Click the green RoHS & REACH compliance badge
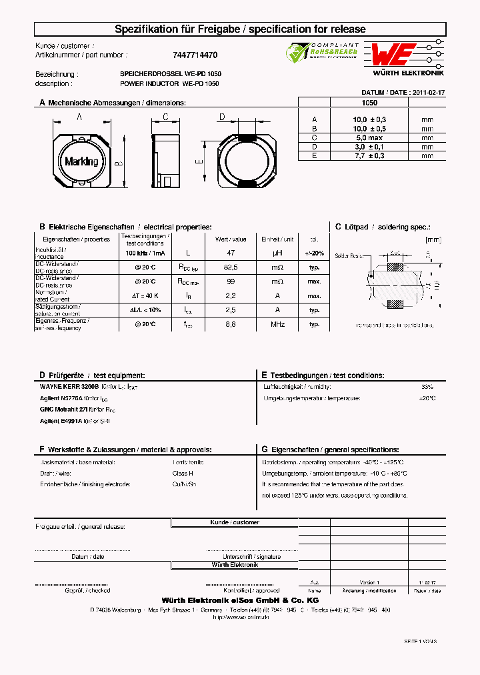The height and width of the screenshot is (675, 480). coord(323,53)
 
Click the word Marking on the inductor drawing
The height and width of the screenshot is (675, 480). coord(81,161)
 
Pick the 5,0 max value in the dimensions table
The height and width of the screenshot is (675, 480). coord(369,137)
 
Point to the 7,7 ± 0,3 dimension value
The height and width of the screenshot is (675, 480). coord(369,155)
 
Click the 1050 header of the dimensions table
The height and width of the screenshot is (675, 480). coord(369,103)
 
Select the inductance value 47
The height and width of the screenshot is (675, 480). coord(231,253)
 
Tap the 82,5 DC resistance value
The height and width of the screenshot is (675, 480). coord(231,267)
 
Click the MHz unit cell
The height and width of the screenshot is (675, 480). coord(277,324)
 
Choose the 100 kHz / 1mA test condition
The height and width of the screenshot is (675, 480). coord(145,253)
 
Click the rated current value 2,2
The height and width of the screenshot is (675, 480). coord(231,295)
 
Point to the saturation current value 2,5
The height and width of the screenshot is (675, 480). coord(231,310)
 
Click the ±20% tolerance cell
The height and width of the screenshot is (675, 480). coord(314,253)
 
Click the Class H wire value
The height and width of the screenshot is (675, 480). coord(182,473)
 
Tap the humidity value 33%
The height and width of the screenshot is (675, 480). coord(427,387)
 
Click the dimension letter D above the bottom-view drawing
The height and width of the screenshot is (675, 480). coord(222,117)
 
